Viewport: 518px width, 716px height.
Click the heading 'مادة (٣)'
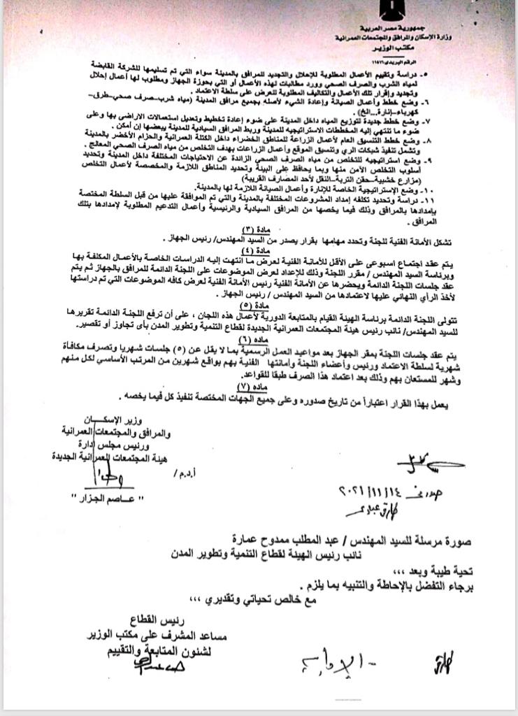(259, 230)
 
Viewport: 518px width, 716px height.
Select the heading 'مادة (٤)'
(259, 250)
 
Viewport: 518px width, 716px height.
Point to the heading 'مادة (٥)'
(259, 306)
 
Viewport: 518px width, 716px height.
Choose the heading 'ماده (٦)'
(259, 339)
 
